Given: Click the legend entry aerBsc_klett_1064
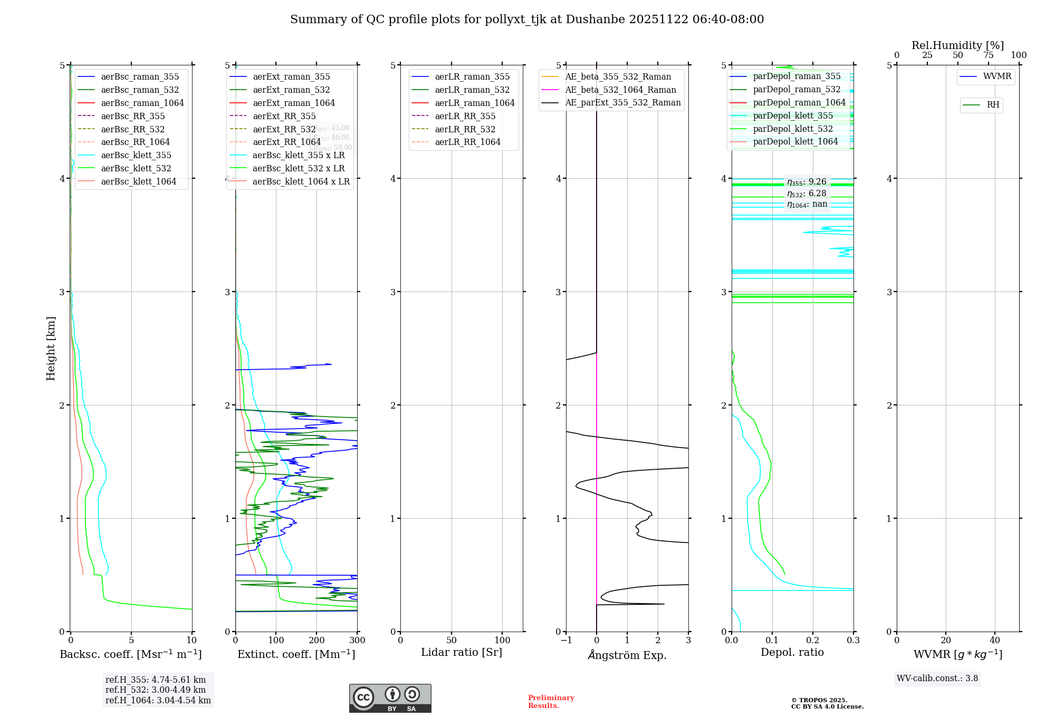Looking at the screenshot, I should pos(138,181).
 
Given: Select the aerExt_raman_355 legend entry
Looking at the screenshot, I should pos(291,76).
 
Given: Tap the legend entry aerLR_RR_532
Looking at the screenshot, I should pos(465,129).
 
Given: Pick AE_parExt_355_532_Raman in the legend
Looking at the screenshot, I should pos(622,102).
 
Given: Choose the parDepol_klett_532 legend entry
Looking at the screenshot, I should pos(792,129).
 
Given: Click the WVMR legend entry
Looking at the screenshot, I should pos(997,76).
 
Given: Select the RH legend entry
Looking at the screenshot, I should pos(993,105).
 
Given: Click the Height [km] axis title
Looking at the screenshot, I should pos(51,348).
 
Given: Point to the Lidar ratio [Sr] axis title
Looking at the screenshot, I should pos(462,652).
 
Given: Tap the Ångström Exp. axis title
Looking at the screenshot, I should pos(627,655).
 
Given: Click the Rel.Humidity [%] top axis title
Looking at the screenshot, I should pos(957,45).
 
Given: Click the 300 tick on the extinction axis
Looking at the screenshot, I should pos(357,641).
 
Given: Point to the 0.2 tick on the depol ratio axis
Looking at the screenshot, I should pos(813,641).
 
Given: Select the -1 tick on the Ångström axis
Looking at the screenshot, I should pos(566,641).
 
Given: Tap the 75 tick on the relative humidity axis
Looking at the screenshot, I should pos(988,55).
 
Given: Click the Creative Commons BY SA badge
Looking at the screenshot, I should pos(390,698).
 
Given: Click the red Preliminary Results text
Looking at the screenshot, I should pos(551,701).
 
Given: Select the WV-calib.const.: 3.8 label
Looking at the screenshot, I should pos(937,678).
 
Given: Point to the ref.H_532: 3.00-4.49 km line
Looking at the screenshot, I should pos(156,690).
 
